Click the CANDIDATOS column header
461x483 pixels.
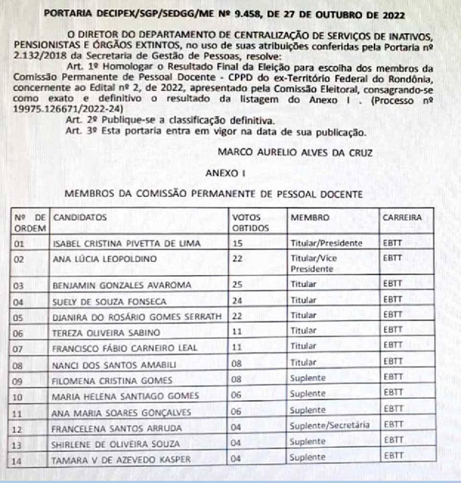coord(80,217)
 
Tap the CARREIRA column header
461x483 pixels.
coord(402,217)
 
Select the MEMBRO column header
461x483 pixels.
coord(310,217)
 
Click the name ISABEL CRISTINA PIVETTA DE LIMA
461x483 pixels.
coord(126,244)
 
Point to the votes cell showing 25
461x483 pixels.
coord(238,285)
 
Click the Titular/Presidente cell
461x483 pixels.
coord(326,243)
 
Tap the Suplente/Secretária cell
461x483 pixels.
coord(330,425)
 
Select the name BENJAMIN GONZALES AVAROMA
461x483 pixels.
coord(121,285)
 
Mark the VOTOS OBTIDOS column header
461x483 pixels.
coord(251,223)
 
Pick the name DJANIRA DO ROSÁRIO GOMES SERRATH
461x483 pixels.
coord(137,317)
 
